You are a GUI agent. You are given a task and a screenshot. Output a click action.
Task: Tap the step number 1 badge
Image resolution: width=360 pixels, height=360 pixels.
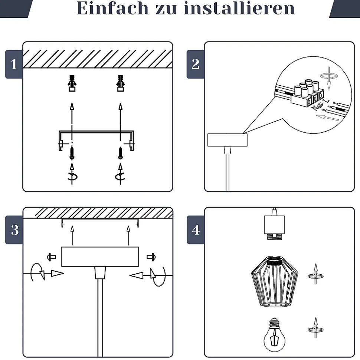14,65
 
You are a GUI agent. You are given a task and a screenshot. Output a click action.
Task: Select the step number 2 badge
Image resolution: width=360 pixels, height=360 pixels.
196,65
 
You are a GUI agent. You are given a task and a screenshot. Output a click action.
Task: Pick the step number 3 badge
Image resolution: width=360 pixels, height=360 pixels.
14,230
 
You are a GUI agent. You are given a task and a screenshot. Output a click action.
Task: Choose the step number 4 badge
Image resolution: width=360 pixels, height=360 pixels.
196,230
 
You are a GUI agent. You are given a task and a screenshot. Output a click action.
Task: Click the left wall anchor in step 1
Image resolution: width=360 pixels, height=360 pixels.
72,83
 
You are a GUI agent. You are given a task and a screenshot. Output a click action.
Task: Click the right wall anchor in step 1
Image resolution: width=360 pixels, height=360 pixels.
120,83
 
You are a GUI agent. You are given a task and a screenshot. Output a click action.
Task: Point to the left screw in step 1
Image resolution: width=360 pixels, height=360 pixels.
72,152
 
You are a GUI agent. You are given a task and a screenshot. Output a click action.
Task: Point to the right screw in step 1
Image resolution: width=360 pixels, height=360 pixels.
120,152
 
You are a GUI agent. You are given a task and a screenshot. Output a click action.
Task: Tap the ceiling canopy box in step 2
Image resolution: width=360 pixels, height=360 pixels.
227,140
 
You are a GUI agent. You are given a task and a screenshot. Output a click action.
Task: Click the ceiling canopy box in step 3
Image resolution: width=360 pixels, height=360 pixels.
100,257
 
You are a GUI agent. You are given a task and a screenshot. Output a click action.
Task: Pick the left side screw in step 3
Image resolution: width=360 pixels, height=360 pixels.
51,257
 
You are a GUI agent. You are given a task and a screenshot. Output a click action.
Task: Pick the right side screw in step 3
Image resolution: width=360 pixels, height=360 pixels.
151,257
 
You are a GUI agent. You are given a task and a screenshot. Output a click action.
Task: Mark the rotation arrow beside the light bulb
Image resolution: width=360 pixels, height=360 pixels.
315,328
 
